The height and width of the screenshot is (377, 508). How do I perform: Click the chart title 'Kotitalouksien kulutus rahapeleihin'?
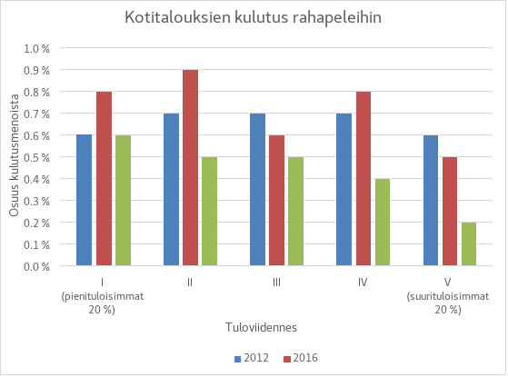click(x=254, y=18)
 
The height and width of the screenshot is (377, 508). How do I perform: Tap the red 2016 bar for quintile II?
click(x=190, y=168)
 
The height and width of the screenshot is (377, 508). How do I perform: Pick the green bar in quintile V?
click(x=469, y=243)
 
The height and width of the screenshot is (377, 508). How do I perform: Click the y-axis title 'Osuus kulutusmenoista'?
click(x=15, y=156)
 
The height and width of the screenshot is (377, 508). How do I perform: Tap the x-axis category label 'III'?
click(x=276, y=282)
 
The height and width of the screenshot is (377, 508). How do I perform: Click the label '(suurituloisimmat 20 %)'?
click(x=450, y=302)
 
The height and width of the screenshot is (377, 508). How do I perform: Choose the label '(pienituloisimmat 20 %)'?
click(x=103, y=302)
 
